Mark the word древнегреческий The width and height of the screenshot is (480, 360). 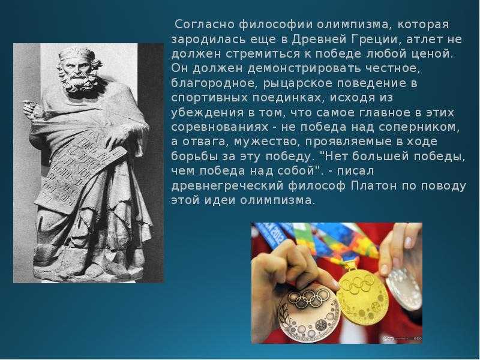(x=228, y=186)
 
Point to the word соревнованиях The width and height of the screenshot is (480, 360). (x=220, y=127)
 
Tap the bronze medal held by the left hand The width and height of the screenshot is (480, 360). (x=308, y=311)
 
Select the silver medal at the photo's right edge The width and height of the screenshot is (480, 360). (x=404, y=289)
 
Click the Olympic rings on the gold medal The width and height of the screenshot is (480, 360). (x=358, y=283)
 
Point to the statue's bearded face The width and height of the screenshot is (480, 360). (x=78, y=73)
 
